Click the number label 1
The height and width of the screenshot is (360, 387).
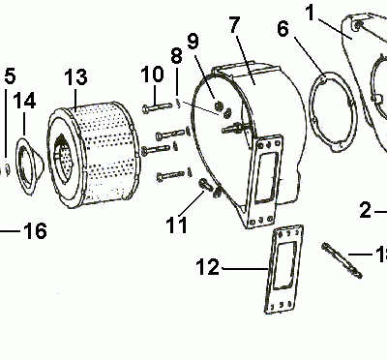[311, 13]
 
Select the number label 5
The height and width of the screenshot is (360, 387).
[10, 75]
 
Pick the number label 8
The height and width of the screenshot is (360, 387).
[176, 57]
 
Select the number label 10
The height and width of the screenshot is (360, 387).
[153, 75]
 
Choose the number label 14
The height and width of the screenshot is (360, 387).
[26, 100]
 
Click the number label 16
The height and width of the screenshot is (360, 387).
[35, 231]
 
